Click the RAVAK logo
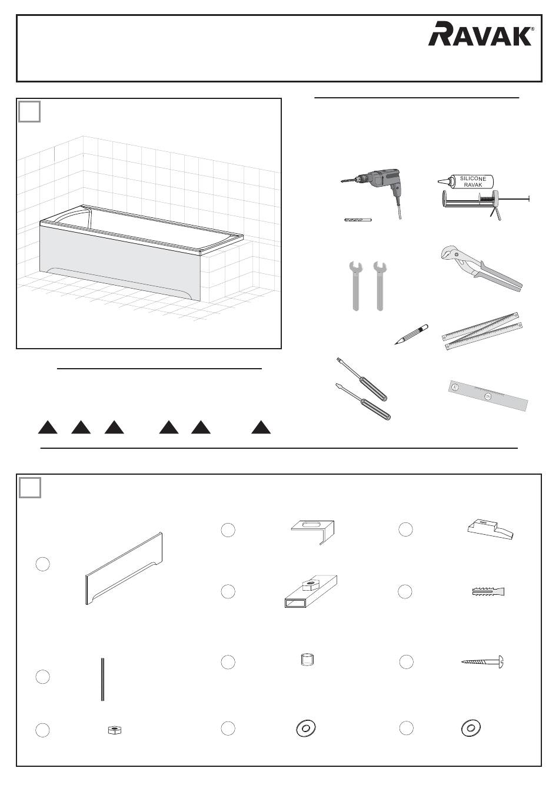coord(481,34)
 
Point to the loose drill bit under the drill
coord(358,220)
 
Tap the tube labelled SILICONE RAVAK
coord(466,181)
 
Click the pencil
coord(411,335)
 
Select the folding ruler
coord(482,330)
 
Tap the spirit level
coord(488,396)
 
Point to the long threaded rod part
coord(102,679)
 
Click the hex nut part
coord(115,730)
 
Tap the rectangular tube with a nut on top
coord(311,592)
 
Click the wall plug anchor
coord(488,592)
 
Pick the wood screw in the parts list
coord(483,662)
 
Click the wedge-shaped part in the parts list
coord(490,529)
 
